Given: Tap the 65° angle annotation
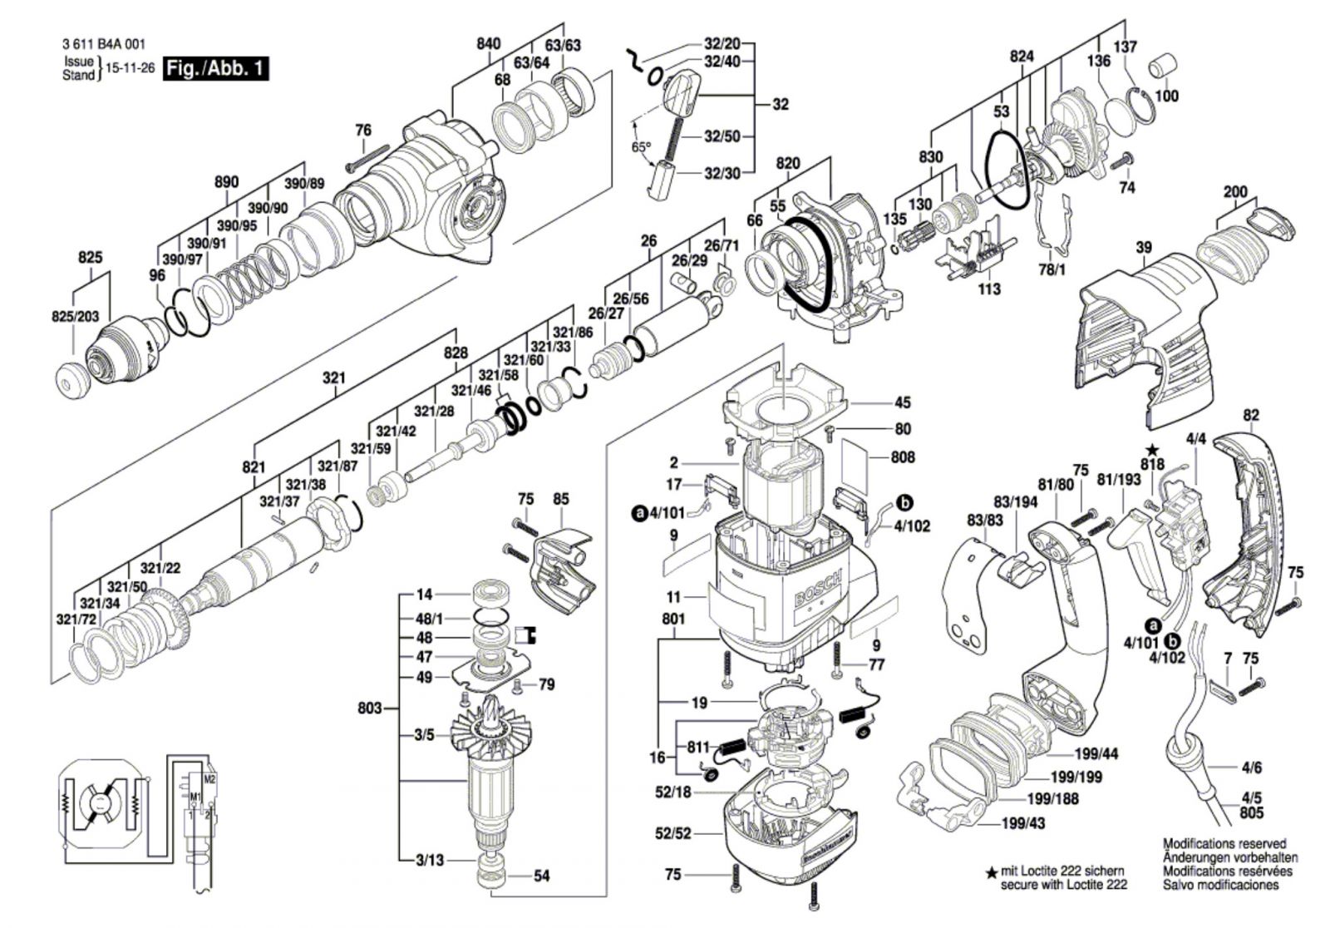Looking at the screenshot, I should [641, 147].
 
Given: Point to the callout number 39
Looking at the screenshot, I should [1144, 247].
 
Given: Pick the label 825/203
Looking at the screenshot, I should [75, 316].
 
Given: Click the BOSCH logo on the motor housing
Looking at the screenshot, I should [820, 590].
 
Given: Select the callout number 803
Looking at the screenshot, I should [370, 708].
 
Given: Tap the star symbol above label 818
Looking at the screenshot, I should [1152, 450].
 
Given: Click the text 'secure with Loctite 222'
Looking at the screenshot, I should [1064, 886].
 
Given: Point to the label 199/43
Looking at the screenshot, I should [1024, 823].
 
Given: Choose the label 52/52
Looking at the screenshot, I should [672, 833].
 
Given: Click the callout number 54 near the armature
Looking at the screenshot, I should [542, 876].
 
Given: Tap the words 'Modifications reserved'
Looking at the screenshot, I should [1224, 843].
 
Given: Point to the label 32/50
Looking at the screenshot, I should [722, 136].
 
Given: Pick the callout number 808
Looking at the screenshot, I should [903, 457].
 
